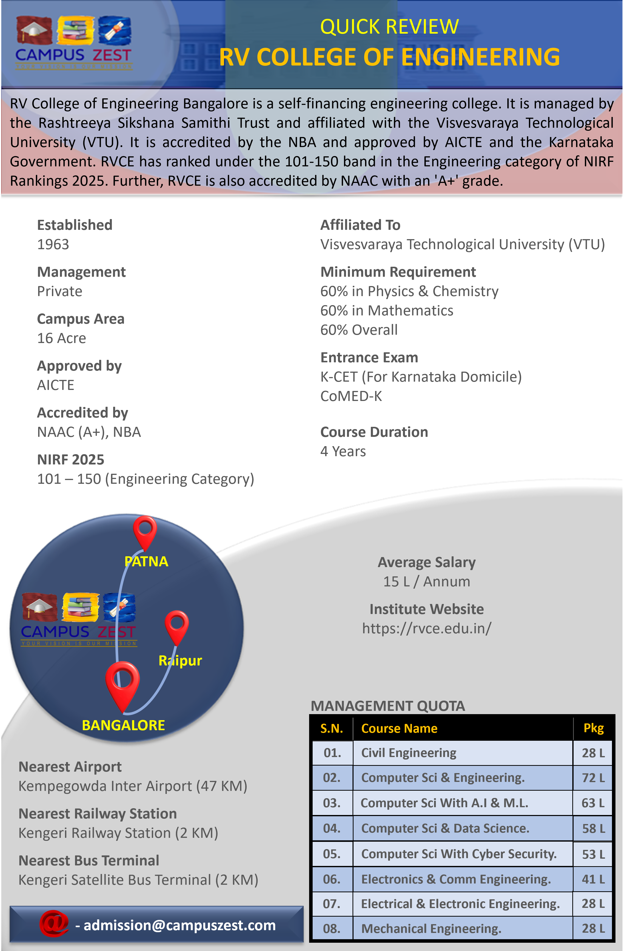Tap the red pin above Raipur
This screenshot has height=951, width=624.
click(177, 625)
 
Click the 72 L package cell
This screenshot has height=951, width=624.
click(593, 778)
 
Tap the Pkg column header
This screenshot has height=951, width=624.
click(593, 728)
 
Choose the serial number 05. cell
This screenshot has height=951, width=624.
click(332, 854)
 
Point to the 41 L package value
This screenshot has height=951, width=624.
click(593, 879)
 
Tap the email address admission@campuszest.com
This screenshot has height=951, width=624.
click(179, 925)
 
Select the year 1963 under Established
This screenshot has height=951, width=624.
click(53, 244)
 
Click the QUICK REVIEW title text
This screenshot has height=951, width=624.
click(389, 27)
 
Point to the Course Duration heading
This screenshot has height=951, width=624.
click(374, 432)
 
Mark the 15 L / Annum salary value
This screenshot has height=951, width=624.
click(426, 581)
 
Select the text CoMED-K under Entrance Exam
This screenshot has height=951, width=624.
click(351, 396)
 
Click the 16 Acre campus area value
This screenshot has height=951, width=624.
click(61, 338)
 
